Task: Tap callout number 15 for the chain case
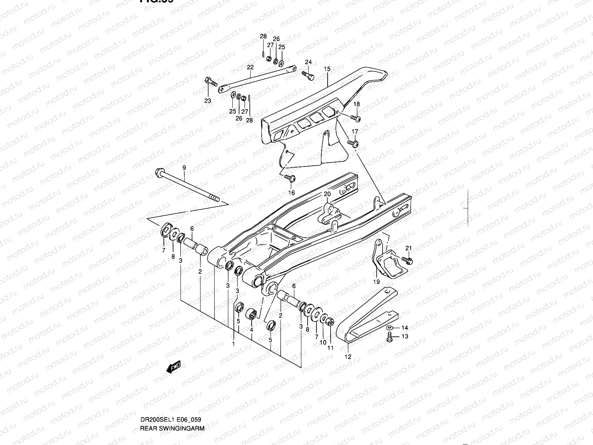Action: tap(327, 69)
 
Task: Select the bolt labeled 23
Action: tap(210, 81)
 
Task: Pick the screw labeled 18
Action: tap(356, 118)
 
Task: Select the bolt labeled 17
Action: tap(353, 143)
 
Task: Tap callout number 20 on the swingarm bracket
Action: tap(327, 194)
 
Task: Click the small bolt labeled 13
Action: tap(390, 338)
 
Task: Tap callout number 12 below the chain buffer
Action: tap(348, 357)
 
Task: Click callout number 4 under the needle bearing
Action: tap(251, 330)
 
